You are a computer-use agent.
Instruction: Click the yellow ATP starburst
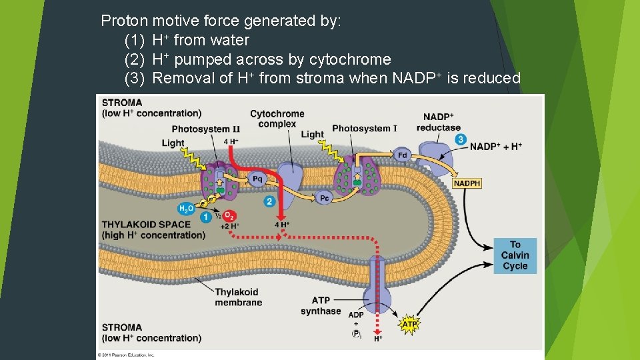click(409, 325)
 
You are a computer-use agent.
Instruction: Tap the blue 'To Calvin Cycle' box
click(515, 255)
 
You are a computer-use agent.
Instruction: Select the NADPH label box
click(467, 183)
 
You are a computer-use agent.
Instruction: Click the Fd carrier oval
click(402, 155)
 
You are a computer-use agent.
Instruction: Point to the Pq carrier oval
click(258, 179)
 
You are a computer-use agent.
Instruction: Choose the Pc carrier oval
click(324, 198)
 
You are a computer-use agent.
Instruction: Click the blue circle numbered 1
click(206, 216)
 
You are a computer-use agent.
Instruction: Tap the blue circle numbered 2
click(269, 201)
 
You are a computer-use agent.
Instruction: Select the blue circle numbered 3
click(460, 139)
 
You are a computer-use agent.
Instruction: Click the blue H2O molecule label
click(186, 209)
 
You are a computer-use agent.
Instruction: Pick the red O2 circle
click(228, 215)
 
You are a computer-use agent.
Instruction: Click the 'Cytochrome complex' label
click(277, 119)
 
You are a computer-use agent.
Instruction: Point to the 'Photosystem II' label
click(205, 129)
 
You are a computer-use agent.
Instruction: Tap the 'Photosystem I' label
click(364, 128)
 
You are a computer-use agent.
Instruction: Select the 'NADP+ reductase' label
click(438, 122)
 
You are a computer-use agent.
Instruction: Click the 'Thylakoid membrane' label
click(238, 297)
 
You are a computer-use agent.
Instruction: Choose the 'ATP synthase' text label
click(320, 306)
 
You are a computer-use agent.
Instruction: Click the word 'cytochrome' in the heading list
click(349, 59)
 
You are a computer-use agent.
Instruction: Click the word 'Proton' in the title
click(124, 21)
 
